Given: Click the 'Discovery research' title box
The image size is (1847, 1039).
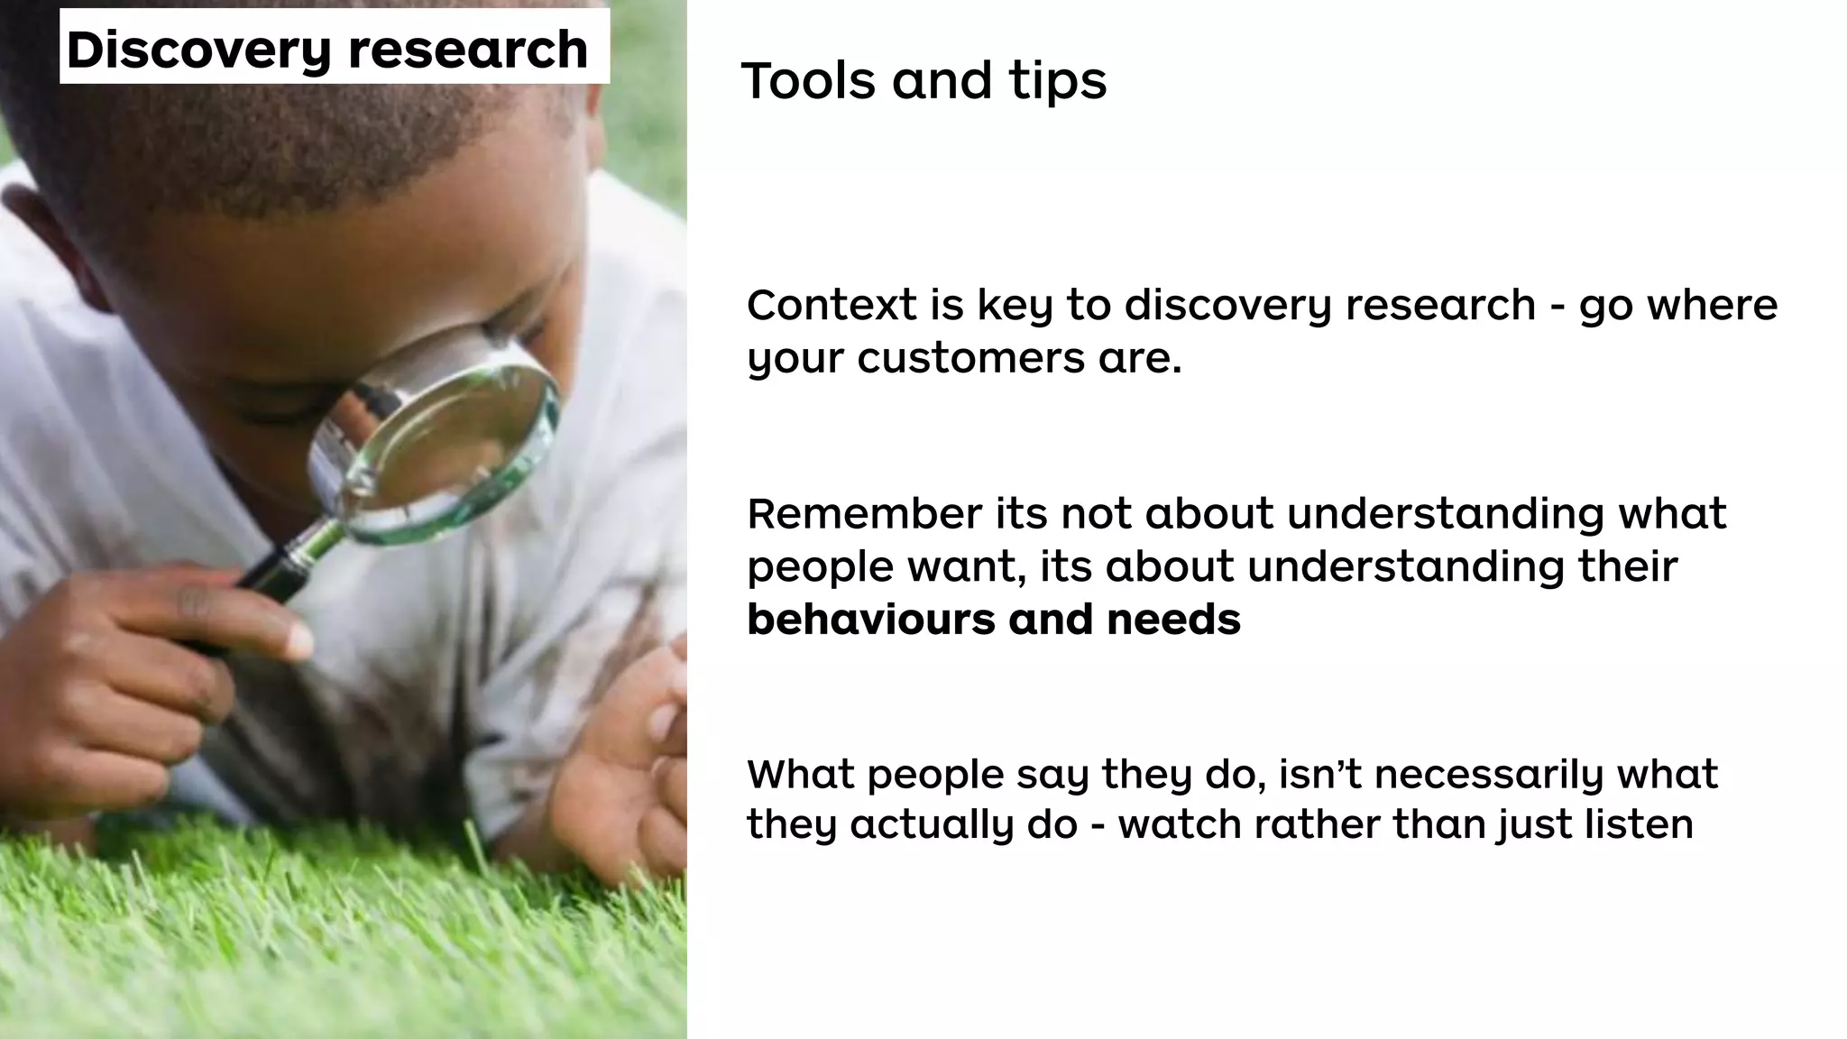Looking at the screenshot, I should click(334, 47).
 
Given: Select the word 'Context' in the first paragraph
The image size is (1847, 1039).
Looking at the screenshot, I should click(831, 305).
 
